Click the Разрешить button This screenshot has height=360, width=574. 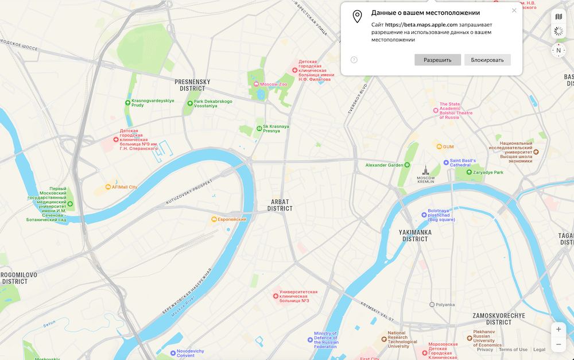tap(437, 60)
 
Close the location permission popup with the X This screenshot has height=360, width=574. tap(514, 10)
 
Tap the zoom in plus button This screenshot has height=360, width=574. tap(559, 330)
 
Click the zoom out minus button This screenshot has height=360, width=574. tap(559, 344)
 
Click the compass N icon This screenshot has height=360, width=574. tap(559, 50)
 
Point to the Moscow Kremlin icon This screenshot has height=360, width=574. tap(425, 170)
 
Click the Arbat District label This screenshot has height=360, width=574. tap(280, 206)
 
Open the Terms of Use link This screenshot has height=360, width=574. tap(513, 350)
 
